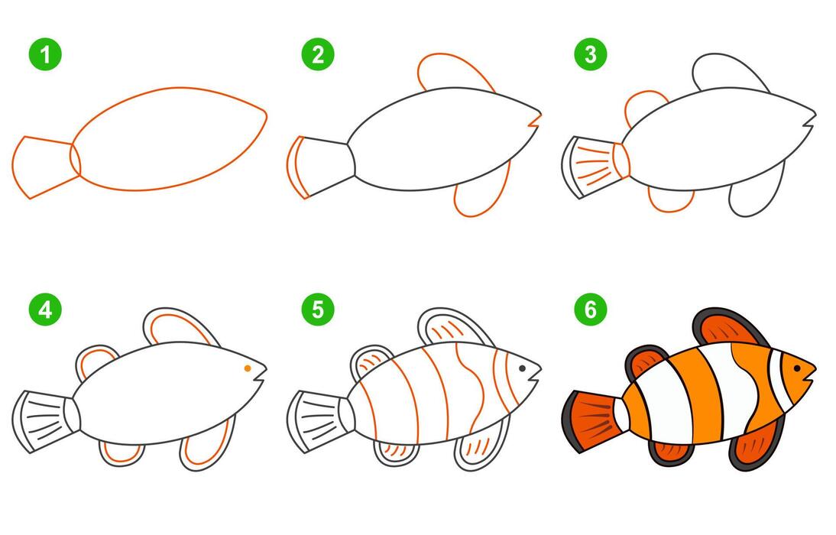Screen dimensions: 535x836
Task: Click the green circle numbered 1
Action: coord(45,55)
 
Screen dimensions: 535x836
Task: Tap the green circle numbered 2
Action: coord(317,55)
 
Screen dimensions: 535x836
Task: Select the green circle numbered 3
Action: coord(589,55)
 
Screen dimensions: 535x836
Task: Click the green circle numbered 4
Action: coord(45,310)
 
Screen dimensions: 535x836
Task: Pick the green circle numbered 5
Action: coord(317,310)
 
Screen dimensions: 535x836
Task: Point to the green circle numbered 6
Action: coord(589,310)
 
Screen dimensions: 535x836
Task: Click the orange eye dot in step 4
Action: coord(248,368)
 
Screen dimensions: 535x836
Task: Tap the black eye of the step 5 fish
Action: coord(522,368)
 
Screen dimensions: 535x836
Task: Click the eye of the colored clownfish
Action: coord(796,368)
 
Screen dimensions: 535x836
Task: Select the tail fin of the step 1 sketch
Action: coord(42,167)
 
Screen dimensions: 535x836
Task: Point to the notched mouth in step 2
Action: coord(535,119)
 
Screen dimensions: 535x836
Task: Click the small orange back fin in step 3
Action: coord(644,107)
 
